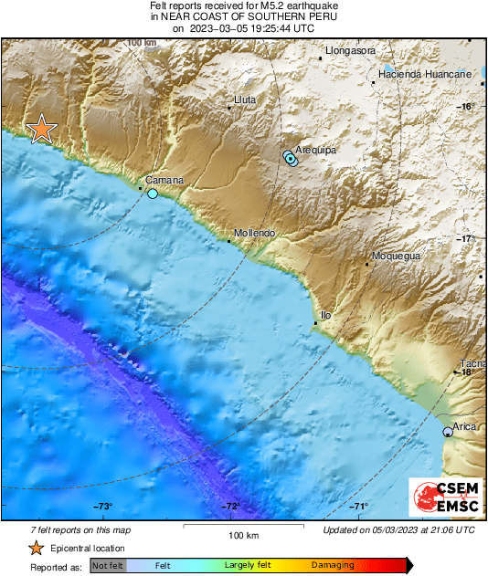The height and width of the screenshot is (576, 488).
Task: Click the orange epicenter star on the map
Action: coord(41,130)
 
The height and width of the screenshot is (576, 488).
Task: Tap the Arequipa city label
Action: coord(315,145)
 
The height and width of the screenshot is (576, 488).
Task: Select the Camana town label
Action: coord(164,180)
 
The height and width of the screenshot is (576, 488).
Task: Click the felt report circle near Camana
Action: coord(153,194)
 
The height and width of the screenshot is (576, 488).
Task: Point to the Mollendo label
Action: coord(254,233)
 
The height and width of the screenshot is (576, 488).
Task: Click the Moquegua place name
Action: coord(396,257)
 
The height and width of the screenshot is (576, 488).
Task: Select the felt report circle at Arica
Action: coord(448,432)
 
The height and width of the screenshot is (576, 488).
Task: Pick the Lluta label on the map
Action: coord(246,99)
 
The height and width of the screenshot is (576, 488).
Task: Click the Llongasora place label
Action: coord(351,50)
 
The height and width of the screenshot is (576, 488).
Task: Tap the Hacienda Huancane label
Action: coord(425,73)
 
